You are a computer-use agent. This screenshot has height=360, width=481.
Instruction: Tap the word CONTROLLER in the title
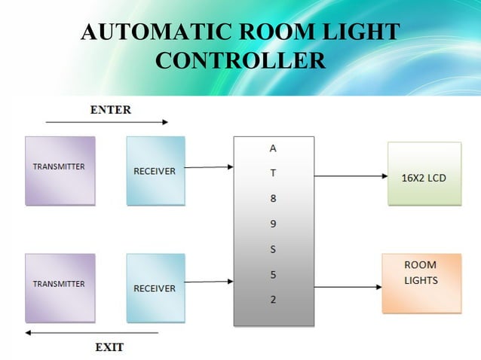point(240,60)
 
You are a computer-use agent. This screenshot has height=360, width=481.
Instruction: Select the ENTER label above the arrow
point(110,109)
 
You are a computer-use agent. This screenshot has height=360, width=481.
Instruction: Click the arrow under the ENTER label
point(106,121)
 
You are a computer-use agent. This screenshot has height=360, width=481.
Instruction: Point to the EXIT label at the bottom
point(109,347)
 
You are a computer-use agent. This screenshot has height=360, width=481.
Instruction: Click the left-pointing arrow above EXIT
point(91,332)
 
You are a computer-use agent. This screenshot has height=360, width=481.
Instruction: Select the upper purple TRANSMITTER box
point(60,170)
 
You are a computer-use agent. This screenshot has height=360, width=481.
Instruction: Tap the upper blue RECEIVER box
point(155,170)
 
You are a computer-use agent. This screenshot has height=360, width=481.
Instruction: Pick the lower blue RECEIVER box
point(155,288)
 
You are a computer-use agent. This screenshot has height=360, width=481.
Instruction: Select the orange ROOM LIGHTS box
point(421,283)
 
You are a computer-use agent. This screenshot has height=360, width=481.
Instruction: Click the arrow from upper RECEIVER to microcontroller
point(209,167)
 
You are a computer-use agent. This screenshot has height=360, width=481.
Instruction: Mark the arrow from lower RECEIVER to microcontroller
point(209,282)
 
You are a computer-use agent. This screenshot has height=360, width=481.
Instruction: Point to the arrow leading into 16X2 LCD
point(351,176)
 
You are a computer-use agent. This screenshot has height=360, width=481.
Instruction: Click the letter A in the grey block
point(273,148)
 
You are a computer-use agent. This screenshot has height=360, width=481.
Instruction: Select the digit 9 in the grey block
point(273,224)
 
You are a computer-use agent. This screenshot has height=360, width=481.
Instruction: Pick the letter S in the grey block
point(273,249)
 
